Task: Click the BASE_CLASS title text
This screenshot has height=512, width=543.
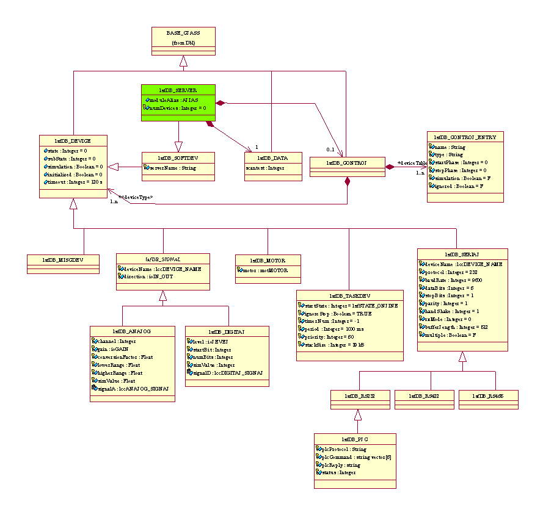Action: coord(183,32)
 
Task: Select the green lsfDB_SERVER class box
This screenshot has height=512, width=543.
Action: coord(178,103)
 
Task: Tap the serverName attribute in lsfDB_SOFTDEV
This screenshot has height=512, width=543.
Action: coord(172,168)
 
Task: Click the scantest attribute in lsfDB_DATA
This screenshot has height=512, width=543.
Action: coord(264,168)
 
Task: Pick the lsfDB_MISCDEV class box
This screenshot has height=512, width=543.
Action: coord(63,260)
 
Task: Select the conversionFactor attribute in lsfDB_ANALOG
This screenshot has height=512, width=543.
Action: coord(122,357)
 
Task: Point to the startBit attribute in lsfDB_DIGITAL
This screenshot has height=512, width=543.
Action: coord(211,350)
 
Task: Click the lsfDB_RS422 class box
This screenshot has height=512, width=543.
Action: coord(425,397)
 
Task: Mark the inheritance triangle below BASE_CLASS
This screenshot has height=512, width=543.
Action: coord(183,60)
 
